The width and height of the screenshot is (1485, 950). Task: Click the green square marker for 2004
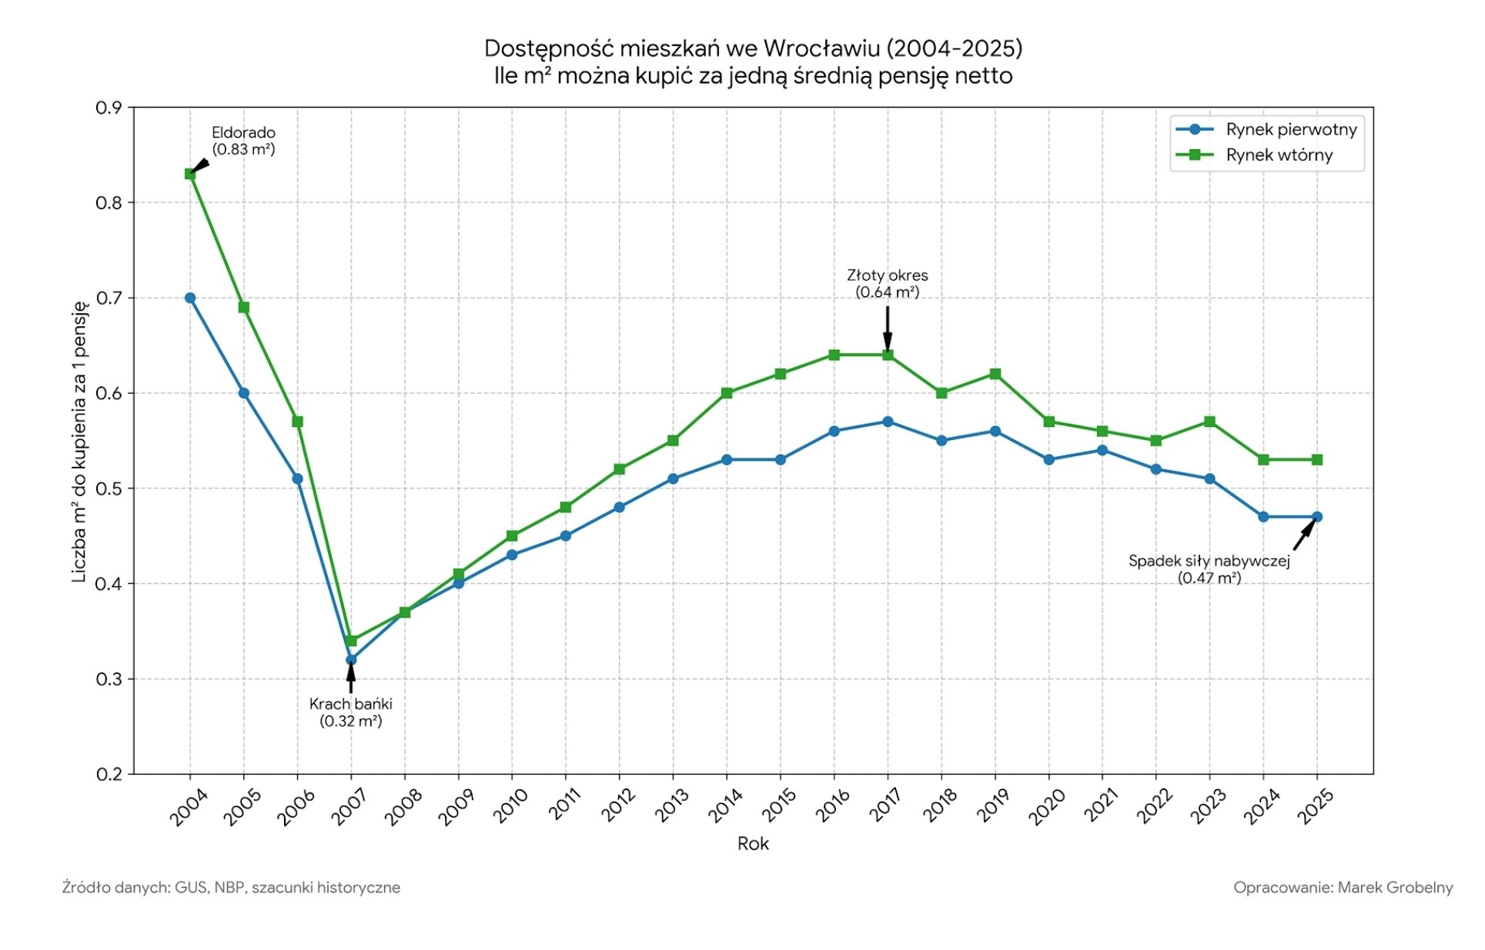[x=190, y=174]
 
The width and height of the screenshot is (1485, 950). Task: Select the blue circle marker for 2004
[x=190, y=298]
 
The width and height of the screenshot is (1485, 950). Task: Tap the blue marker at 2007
[x=351, y=659]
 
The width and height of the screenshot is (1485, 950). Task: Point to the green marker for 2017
[x=888, y=355]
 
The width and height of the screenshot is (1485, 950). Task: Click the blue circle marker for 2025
[x=1316, y=517]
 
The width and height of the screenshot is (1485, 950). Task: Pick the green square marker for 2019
[x=995, y=374]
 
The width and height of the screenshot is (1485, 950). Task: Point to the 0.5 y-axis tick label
[x=109, y=488]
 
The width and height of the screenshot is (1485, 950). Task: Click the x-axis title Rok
[x=753, y=844]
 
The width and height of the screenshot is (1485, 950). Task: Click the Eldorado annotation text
[x=243, y=132]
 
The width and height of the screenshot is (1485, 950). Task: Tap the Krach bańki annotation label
[x=351, y=704]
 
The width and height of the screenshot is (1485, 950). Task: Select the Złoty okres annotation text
[x=888, y=275]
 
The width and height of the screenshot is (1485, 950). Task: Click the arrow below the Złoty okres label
[x=888, y=328]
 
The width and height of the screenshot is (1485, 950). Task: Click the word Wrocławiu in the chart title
[x=821, y=48]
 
